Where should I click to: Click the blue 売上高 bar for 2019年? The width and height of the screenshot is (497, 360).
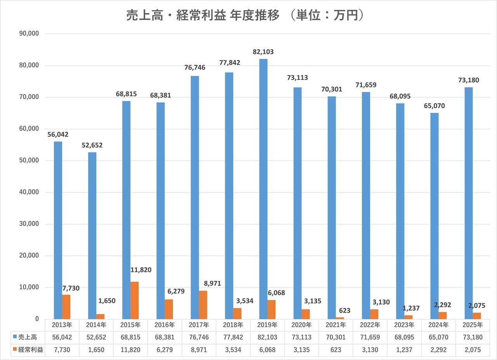[263, 189]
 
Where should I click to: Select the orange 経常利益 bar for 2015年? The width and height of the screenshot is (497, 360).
[134, 300]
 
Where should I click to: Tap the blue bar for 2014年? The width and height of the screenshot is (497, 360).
[92, 235]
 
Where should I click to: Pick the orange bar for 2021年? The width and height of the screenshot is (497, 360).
[340, 318]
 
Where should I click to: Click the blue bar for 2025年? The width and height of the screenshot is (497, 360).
[469, 203]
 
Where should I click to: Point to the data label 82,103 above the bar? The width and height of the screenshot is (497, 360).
[263, 52]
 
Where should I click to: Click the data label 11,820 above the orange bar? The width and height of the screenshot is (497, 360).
[141, 270]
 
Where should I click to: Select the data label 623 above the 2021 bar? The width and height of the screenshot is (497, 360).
[344, 311]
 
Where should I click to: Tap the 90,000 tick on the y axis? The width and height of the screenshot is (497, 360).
[29, 33]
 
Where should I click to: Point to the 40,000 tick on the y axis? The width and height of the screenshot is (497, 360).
[29, 192]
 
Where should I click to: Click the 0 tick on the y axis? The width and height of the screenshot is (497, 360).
[37, 319]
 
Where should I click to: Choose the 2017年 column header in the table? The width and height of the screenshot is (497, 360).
[199, 325]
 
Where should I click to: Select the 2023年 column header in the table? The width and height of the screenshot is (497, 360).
[404, 325]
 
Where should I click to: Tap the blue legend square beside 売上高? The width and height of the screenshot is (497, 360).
[15, 337]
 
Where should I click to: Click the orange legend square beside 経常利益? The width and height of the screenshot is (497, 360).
[15, 350]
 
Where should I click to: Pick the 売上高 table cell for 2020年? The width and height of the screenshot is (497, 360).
[302, 337]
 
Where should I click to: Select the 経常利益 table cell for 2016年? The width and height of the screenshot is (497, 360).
[165, 350]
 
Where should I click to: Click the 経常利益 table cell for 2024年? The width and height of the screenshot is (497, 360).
[438, 350]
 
